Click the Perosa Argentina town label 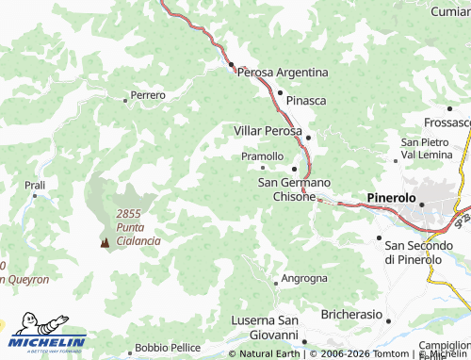point(283,72)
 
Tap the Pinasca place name point(305,98)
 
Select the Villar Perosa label point(268,130)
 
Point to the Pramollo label point(263,155)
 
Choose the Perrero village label point(148,95)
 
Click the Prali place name point(35,186)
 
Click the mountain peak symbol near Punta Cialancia point(104,242)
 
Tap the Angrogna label point(307,279)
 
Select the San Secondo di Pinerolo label point(427,252)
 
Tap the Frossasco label point(447,123)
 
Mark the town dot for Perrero point(126,98)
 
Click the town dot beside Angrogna point(275,281)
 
